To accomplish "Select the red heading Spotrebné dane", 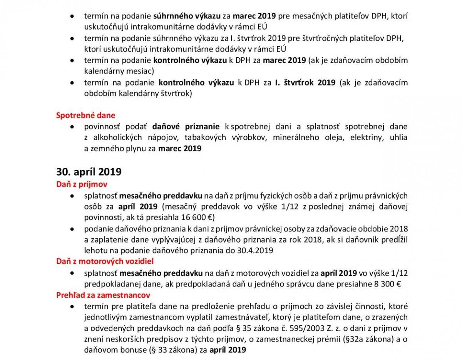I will click(85, 115).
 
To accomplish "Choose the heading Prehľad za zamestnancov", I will click(103, 295).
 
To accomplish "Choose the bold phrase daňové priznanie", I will click(186, 127).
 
